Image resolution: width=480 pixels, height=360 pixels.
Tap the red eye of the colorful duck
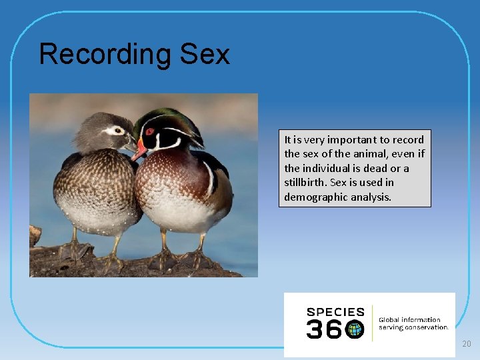(x=150, y=131)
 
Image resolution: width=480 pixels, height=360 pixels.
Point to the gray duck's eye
(x=119, y=131)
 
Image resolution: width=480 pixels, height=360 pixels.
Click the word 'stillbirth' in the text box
(x=305, y=183)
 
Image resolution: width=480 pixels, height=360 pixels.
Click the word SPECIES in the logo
(x=335, y=312)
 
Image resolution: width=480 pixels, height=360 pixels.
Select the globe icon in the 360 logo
(x=355, y=329)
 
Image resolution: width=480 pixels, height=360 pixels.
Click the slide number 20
(x=466, y=344)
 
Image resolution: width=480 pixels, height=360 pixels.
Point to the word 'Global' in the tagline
(x=391, y=320)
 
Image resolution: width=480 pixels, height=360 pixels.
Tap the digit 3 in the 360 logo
(x=314, y=329)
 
